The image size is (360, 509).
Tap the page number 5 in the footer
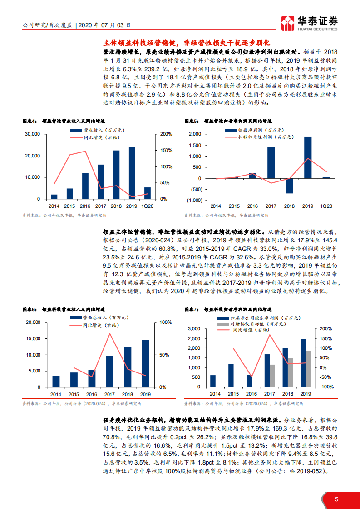(x=336, y=499)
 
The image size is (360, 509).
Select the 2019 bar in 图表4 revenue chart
(x=132, y=173)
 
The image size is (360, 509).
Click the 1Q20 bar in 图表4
(x=147, y=193)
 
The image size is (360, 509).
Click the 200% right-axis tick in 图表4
(x=166, y=134)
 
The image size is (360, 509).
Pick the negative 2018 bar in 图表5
(x=290, y=186)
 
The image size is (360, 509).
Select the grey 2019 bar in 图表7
(x=309, y=368)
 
